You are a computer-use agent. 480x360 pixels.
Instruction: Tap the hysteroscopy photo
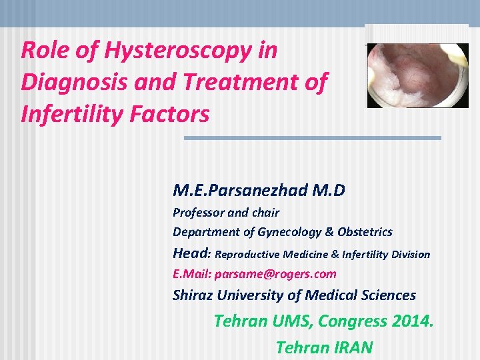pos(417,75)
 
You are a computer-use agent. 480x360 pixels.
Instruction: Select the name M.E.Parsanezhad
pos(242,191)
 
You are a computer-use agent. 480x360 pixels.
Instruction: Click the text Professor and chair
pos(226,213)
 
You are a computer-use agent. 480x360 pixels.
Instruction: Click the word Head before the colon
pos(190,253)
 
